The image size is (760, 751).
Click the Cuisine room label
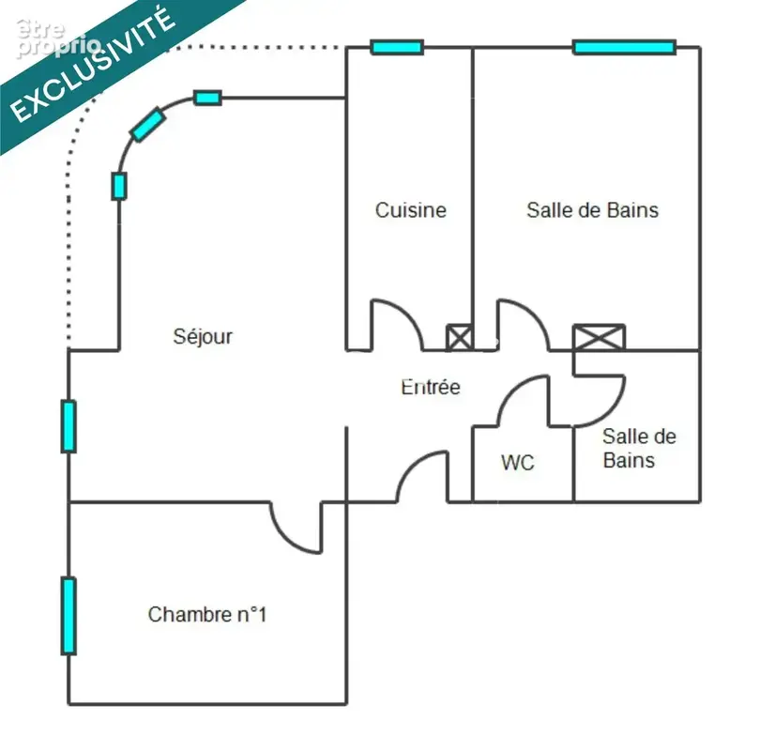411,210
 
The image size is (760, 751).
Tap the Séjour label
203,336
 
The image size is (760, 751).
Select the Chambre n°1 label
207,614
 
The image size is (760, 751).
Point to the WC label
518,463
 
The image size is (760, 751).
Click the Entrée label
431,387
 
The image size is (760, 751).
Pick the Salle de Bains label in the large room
592,210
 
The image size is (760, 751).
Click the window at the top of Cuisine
397,47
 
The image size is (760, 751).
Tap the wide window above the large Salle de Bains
624,47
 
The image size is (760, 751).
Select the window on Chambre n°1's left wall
68,616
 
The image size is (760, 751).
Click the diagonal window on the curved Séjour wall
148,125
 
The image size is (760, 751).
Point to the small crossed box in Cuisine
459,337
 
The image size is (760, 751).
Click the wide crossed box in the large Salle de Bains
599,337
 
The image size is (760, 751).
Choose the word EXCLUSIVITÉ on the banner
92,65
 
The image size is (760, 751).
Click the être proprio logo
58,38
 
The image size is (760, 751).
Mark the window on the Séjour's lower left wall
68,426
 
